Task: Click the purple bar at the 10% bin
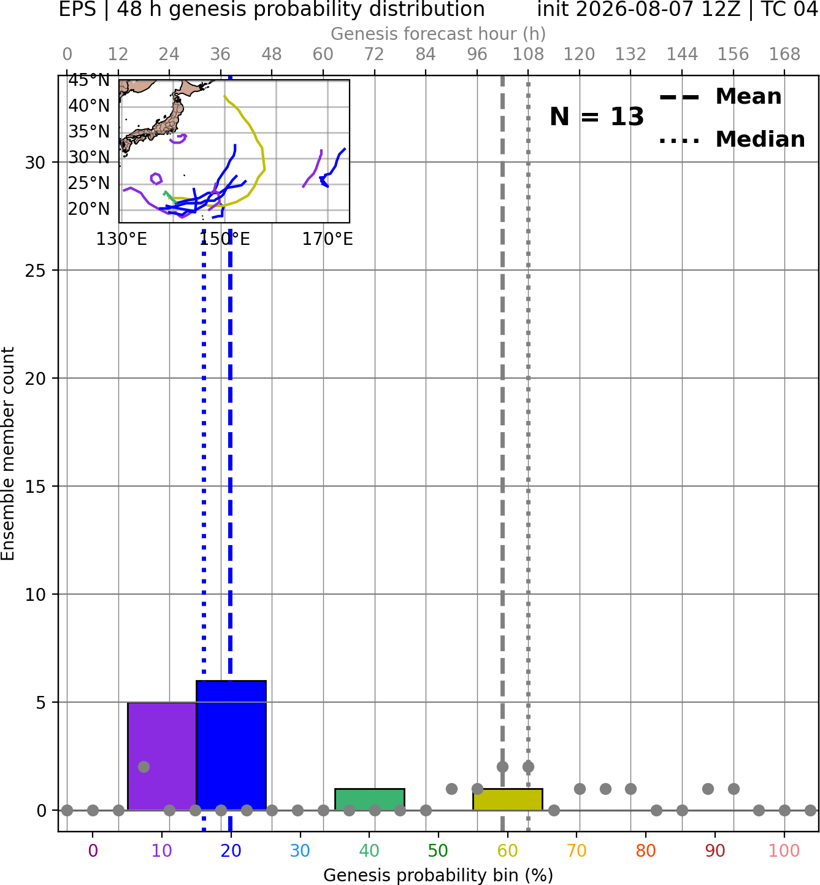(x=162, y=756)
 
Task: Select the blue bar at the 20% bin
(x=231, y=745)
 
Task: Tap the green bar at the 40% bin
(x=370, y=800)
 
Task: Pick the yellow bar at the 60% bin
(x=508, y=800)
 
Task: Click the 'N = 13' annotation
(x=597, y=117)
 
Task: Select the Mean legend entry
(x=720, y=97)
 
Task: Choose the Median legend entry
(x=732, y=139)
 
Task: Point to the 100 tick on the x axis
(x=784, y=851)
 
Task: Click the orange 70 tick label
(x=577, y=851)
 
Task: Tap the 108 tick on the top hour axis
(x=528, y=55)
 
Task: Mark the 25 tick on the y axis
(x=35, y=271)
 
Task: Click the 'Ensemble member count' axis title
(x=7, y=454)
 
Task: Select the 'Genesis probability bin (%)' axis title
(x=439, y=875)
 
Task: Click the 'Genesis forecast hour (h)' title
(x=439, y=34)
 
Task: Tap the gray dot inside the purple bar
(x=144, y=767)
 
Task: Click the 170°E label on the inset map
(x=328, y=239)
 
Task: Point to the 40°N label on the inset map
(x=89, y=106)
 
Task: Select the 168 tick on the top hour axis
(x=785, y=55)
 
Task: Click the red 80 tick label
(x=646, y=851)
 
